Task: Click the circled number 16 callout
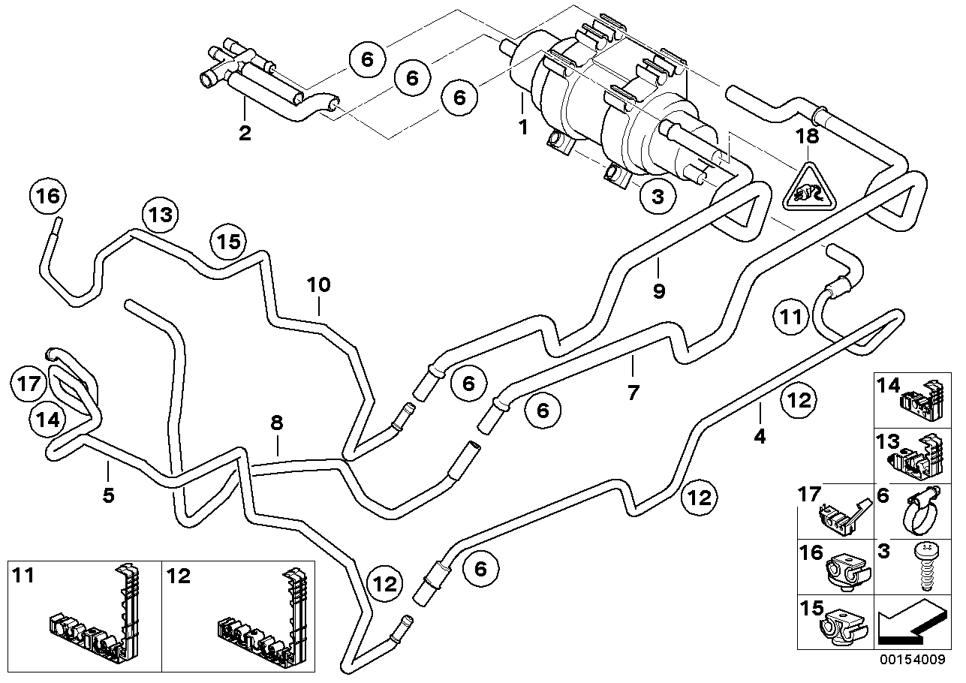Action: [x=47, y=197]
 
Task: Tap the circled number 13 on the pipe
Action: [x=159, y=215]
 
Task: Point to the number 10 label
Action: [x=318, y=284]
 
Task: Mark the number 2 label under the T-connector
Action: [x=245, y=134]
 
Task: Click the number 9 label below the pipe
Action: [x=658, y=291]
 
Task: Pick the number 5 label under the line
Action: [x=109, y=496]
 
